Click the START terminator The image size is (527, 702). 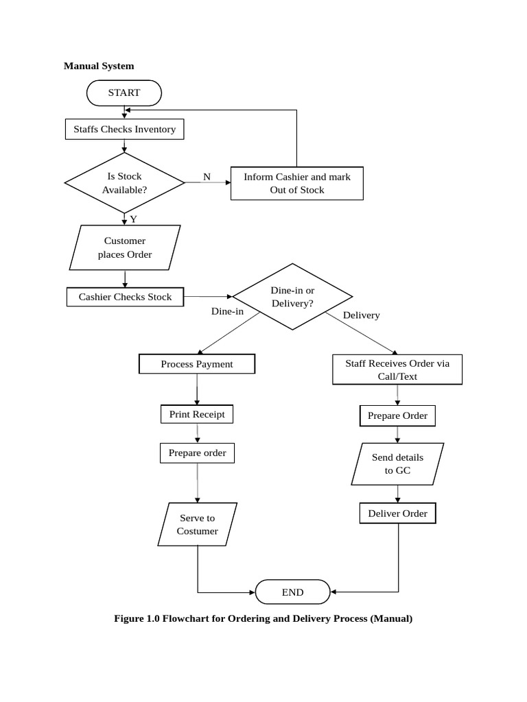tap(124, 93)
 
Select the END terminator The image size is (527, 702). tap(292, 592)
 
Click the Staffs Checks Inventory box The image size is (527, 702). tap(124, 130)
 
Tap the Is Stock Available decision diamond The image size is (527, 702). tap(124, 183)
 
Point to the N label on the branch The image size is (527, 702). tap(207, 177)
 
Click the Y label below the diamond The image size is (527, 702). tap(133, 219)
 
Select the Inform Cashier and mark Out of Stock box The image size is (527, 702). tap(296, 183)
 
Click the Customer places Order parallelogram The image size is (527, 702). tap(125, 247)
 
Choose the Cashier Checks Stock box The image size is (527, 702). tap(125, 297)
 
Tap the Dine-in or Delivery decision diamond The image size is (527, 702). tap(292, 297)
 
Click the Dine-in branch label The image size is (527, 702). tap(227, 311)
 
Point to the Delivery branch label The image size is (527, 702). tap(361, 315)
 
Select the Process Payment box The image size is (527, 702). tap(197, 364)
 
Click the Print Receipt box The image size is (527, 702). tap(197, 415)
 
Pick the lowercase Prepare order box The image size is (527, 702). tap(197, 453)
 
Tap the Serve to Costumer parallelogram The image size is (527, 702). tap(197, 524)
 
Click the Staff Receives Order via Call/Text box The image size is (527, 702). tap(397, 370)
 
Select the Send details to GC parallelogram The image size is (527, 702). tap(397, 464)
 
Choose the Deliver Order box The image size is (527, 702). tap(397, 513)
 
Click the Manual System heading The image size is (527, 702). tap(99, 66)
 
